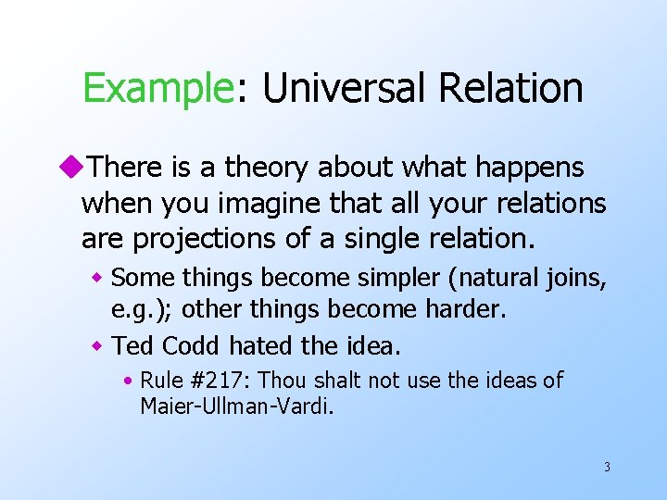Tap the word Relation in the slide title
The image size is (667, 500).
pos(511,89)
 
